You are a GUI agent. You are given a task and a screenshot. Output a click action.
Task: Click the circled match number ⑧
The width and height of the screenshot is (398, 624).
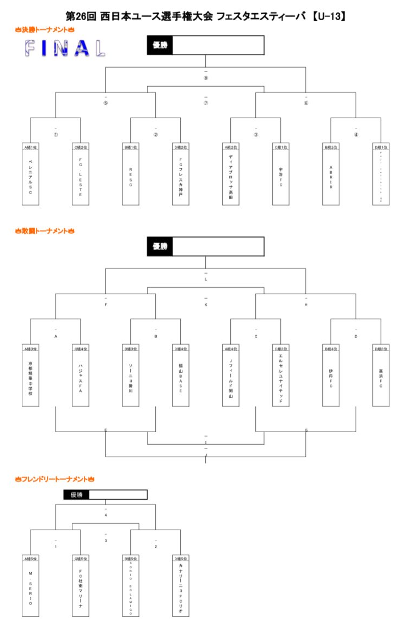click(206, 78)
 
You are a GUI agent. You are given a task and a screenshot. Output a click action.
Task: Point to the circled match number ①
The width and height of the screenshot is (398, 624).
click(56, 135)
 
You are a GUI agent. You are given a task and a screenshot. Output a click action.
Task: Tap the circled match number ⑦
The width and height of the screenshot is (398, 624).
click(206, 102)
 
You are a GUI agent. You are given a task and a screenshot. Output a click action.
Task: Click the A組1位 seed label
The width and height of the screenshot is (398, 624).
click(30, 147)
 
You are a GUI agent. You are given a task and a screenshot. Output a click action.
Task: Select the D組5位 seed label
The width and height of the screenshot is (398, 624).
click(181, 559)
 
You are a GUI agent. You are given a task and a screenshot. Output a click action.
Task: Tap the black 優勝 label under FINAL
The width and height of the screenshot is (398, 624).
click(160, 45)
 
